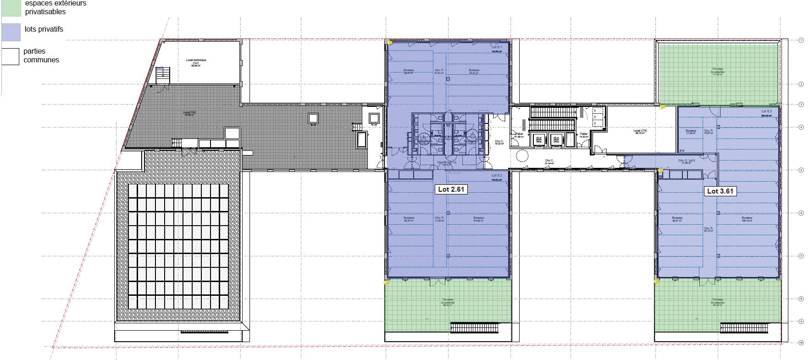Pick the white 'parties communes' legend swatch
(11, 56)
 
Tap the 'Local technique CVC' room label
(196, 62)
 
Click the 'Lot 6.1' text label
(497, 47)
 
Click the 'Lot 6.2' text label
(497, 176)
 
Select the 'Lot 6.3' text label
(766, 111)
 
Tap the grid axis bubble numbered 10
(801, 343)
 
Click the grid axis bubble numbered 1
(801, 41)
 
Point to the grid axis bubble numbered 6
(801, 213)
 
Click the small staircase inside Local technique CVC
(162, 75)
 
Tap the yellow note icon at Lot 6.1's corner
(389, 43)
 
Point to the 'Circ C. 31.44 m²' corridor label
(549, 162)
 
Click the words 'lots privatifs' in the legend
(44, 29)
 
